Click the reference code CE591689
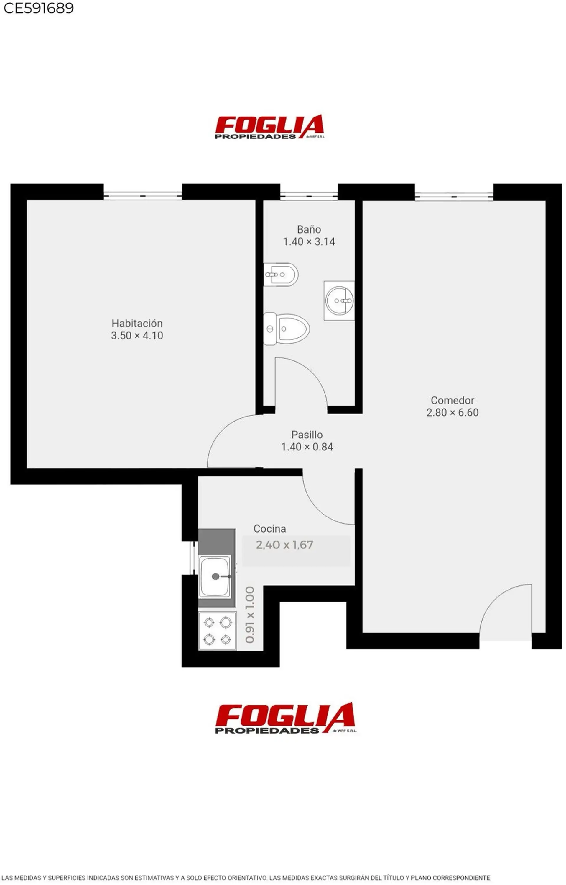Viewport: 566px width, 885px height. (x=39, y=8)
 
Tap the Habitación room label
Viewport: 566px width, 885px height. (x=137, y=324)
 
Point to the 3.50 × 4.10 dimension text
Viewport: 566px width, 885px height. (x=137, y=336)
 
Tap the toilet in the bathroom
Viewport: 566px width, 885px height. (x=286, y=329)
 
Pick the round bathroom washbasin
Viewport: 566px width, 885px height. (x=339, y=301)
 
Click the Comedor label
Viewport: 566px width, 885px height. (x=453, y=400)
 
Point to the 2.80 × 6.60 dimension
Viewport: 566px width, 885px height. (x=453, y=412)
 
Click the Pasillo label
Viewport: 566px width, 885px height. (x=307, y=435)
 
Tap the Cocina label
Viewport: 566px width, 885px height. (x=269, y=528)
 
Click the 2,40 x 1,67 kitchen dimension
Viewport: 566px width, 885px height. (x=284, y=545)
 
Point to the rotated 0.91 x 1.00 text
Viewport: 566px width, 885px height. (x=250, y=615)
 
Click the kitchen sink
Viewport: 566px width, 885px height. (x=215, y=577)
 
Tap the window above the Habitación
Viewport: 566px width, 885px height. (x=143, y=195)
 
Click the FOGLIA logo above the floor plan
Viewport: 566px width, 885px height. (x=269, y=127)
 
